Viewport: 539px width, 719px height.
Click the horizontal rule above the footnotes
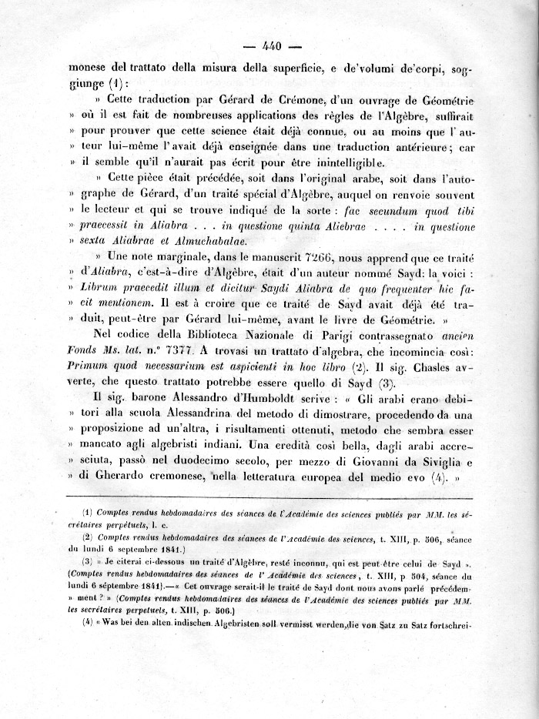click(x=269, y=499)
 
